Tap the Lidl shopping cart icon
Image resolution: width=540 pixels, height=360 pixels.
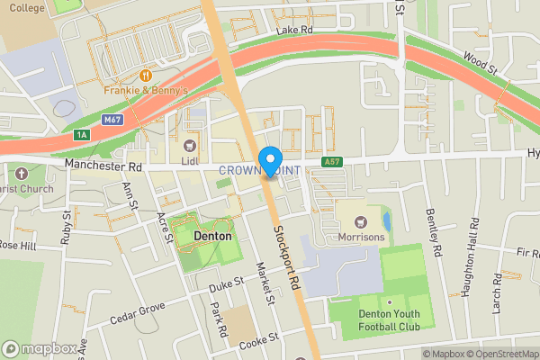(189, 145)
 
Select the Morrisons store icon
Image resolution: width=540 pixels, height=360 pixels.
(361, 221)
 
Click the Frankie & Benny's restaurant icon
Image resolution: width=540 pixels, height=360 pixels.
(145, 76)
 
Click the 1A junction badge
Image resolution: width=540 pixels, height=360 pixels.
(82, 134)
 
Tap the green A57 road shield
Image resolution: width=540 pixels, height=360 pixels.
(332, 163)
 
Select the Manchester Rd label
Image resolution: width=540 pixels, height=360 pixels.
(103, 166)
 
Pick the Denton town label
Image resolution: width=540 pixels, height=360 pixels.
(212, 236)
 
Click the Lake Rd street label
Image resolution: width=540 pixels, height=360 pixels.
(294, 31)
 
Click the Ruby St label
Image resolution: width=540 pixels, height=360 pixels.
(67, 229)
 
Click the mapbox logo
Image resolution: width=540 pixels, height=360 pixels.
(39, 348)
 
